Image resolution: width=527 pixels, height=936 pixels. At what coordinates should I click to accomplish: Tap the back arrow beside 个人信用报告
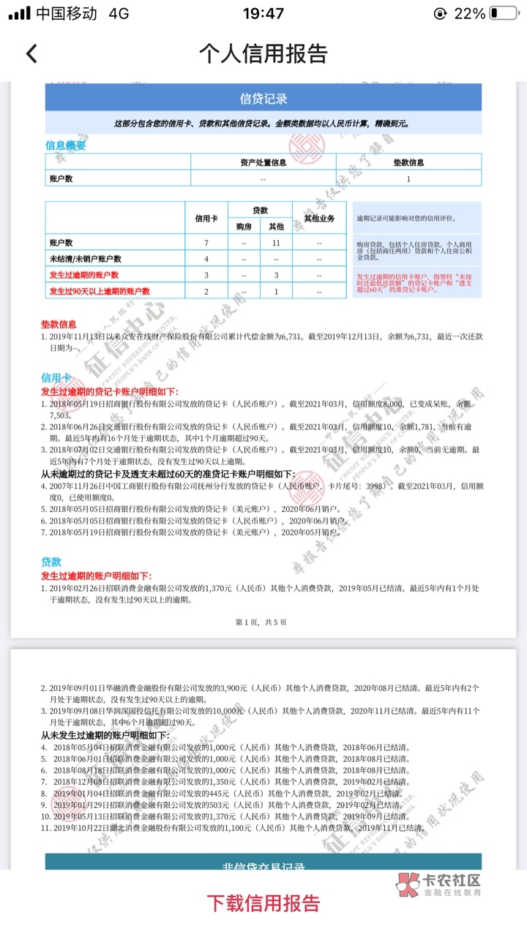(x=31, y=53)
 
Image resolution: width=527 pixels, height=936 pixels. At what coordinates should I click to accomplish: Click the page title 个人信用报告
(x=263, y=53)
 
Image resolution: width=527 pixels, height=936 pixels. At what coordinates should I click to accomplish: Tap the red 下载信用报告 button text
(x=263, y=902)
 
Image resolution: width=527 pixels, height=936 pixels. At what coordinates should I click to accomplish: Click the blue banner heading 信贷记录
(x=263, y=98)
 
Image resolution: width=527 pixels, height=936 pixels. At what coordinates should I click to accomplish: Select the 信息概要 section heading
(x=66, y=145)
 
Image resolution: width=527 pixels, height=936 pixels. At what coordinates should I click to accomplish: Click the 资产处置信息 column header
(x=263, y=162)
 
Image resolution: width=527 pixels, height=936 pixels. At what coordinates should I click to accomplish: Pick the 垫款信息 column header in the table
(x=408, y=162)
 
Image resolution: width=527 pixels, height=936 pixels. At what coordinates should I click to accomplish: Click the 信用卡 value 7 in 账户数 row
(x=206, y=242)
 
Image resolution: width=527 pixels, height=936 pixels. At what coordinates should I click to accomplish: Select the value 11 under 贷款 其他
(x=277, y=242)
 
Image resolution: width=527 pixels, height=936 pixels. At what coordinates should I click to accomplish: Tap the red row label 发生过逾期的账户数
(x=84, y=275)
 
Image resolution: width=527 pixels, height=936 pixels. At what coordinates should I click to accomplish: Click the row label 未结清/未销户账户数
(x=86, y=259)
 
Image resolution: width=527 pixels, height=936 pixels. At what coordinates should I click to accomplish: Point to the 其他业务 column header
(x=319, y=218)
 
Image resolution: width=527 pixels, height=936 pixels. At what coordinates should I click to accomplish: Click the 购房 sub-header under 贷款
(x=244, y=227)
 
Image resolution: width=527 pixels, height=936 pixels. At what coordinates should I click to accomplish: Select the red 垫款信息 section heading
(x=59, y=324)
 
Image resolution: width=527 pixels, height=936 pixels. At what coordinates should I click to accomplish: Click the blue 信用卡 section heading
(x=56, y=377)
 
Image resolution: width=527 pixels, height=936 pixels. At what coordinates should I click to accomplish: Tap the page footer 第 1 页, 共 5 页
(x=261, y=622)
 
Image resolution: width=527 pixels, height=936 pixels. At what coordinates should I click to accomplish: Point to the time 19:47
(x=263, y=14)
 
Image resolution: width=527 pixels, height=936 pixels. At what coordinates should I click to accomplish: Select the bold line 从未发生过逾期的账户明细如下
(x=105, y=735)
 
